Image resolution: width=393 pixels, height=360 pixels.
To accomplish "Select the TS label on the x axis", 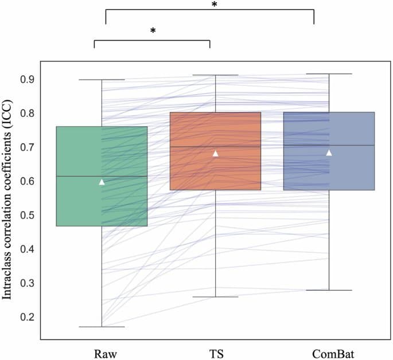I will tap(216, 351).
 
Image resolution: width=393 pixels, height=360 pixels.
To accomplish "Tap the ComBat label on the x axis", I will tap(329, 351).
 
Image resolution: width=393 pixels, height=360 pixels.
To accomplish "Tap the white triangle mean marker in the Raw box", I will tap(102, 182).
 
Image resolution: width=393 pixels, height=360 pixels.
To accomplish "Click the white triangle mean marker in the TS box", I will tap(216, 153).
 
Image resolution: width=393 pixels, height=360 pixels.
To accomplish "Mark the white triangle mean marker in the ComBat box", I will tap(329, 152).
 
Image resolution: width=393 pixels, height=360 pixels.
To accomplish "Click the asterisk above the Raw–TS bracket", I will tap(153, 31).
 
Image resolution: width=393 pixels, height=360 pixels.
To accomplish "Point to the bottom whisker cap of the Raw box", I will tap(102, 327).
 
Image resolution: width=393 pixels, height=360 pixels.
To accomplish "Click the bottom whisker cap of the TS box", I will tap(216, 297).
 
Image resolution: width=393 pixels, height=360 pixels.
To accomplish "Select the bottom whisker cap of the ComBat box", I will tap(329, 290).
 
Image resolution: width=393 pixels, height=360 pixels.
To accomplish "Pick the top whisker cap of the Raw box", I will tap(102, 80).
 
